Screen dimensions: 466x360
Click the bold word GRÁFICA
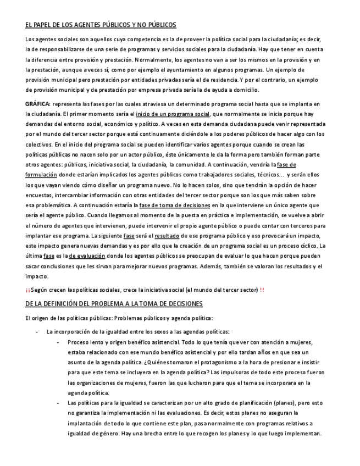37,104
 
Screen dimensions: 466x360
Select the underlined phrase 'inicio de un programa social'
173,114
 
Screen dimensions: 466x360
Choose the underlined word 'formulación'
41,174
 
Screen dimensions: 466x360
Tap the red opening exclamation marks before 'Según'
27,290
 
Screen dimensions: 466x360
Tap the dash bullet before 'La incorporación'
36,331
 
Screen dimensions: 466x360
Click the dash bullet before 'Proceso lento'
58,342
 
